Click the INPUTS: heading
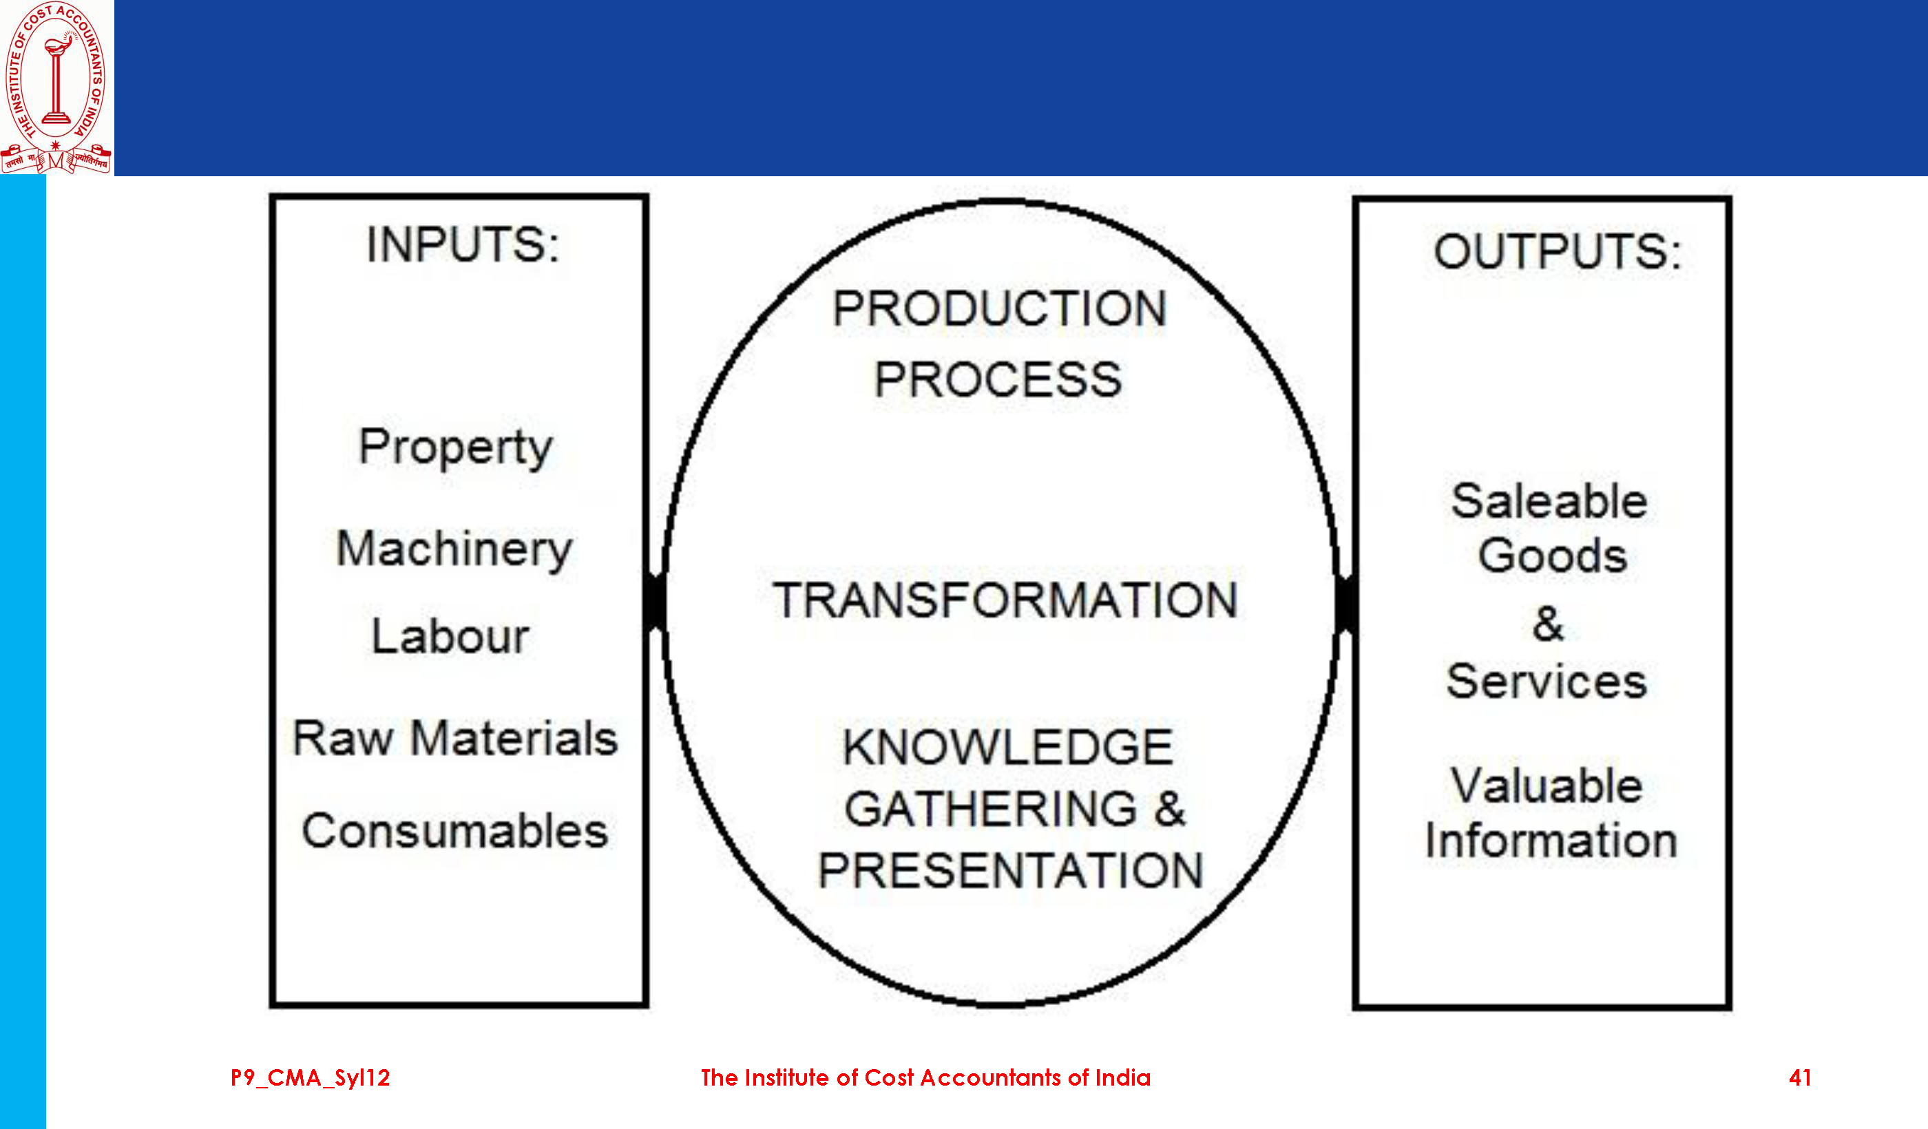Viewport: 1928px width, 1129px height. (463, 245)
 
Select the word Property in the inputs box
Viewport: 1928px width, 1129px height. (455, 448)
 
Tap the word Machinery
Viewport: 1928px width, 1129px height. (454, 550)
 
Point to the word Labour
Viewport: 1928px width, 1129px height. (450, 635)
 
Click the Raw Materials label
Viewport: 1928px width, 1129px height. (455, 738)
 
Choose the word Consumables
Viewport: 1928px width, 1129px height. (455, 831)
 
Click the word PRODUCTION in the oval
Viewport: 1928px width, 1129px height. (999, 309)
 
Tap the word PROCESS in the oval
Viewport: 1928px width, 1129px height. (998, 380)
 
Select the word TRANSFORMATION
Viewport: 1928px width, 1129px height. (1005, 600)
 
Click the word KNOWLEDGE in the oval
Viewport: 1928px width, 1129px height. (1007, 748)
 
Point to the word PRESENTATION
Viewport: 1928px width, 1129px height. (1011, 870)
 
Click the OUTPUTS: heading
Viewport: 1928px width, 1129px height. (1558, 252)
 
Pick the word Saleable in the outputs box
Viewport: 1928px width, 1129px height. (1549, 502)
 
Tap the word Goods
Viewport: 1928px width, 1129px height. (1552, 556)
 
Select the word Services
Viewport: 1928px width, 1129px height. (1547, 682)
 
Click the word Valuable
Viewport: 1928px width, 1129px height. (1547, 785)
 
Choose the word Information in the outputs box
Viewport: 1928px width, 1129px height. (1551, 841)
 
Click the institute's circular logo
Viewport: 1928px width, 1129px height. (56, 87)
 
